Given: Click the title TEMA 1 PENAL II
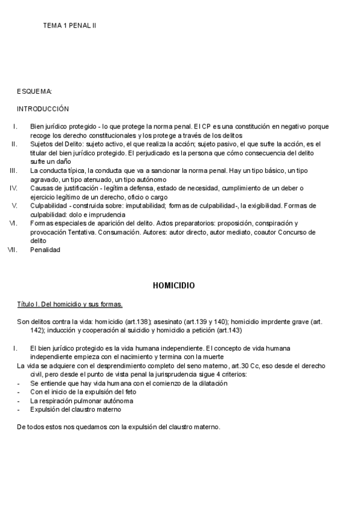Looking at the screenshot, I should click(x=70, y=26).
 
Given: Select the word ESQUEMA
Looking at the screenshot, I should click(x=34, y=91).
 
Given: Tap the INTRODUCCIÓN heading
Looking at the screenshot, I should click(x=43, y=109).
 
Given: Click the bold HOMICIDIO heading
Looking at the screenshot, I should click(x=174, y=285).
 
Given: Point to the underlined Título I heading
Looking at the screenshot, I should click(x=70, y=305).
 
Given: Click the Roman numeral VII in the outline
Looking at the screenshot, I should click(x=11, y=250).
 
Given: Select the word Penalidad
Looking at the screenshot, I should click(x=45, y=250).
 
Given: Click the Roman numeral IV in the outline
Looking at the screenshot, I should click(x=13, y=188).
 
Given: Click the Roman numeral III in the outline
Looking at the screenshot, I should click(x=13, y=170).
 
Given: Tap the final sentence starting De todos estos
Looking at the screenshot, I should click(x=119, y=427).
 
